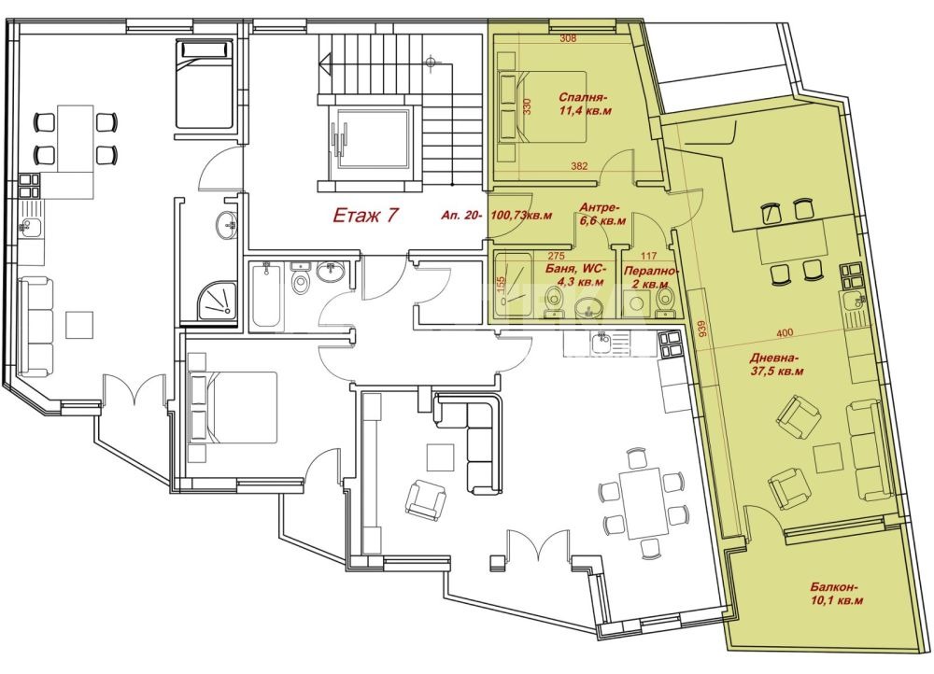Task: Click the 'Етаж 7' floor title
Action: click(x=364, y=215)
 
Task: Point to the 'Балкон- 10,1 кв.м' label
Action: click(x=836, y=593)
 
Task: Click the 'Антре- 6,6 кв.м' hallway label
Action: click(x=602, y=214)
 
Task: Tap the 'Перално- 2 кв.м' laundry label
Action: click(x=650, y=277)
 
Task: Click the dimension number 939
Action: click(x=702, y=330)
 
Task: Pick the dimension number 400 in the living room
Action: click(x=785, y=333)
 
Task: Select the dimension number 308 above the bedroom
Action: click(x=569, y=38)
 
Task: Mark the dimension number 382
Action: click(x=579, y=166)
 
